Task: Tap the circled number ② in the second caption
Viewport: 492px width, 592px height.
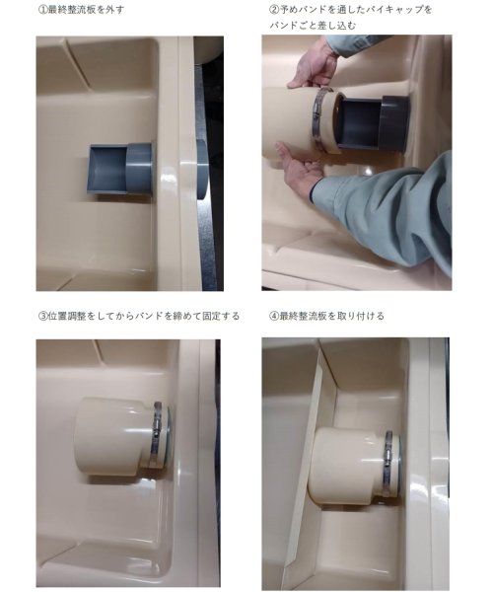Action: (273, 10)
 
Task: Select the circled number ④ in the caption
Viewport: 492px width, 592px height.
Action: (273, 316)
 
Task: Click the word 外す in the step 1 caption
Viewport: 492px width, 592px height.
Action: (111, 10)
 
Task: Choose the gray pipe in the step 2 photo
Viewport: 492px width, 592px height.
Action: (380, 123)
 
